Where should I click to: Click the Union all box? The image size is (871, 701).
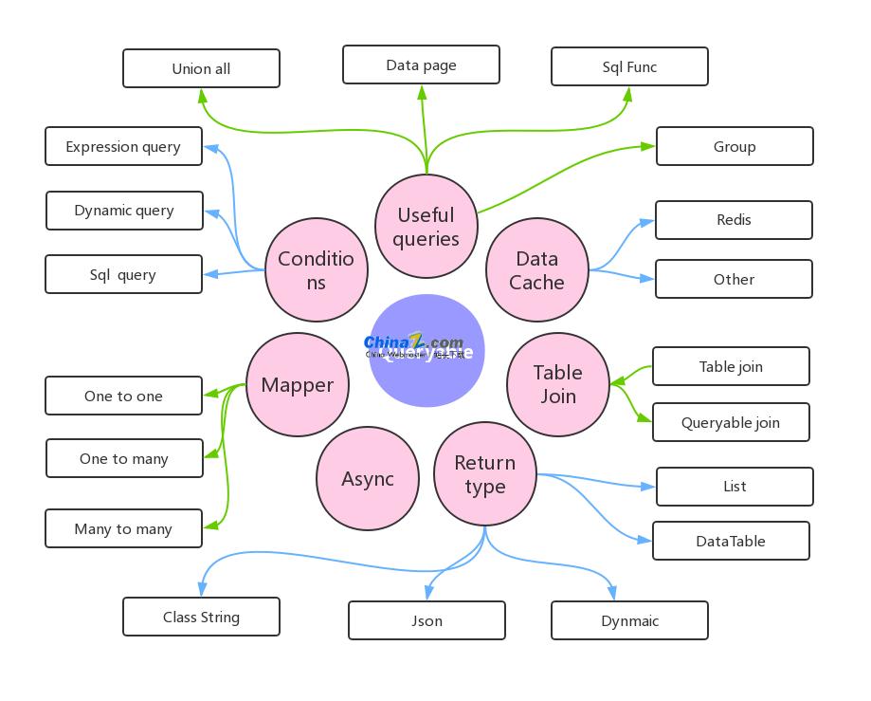click(201, 68)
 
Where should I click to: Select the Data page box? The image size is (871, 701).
click(421, 65)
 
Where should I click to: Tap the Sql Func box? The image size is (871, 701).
click(629, 66)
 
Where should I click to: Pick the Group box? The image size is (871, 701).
click(735, 146)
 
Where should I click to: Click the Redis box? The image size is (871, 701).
click(734, 219)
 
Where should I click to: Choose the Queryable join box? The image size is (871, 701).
click(731, 422)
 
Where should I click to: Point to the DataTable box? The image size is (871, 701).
click(731, 541)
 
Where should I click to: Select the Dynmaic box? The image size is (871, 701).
click(629, 620)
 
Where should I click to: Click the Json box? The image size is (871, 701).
click(426, 620)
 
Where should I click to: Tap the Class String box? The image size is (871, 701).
click(201, 617)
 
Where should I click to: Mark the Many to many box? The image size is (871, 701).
click(123, 528)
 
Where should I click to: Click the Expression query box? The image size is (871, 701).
click(123, 146)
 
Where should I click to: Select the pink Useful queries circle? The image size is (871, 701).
click(426, 227)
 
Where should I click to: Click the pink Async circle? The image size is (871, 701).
click(368, 479)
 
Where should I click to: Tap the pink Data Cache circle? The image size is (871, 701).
click(537, 270)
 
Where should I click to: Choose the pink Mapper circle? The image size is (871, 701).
click(298, 384)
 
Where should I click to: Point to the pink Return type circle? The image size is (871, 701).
click(485, 474)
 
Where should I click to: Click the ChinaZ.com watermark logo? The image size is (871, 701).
click(414, 345)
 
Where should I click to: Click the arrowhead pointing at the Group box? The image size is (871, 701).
click(648, 146)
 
